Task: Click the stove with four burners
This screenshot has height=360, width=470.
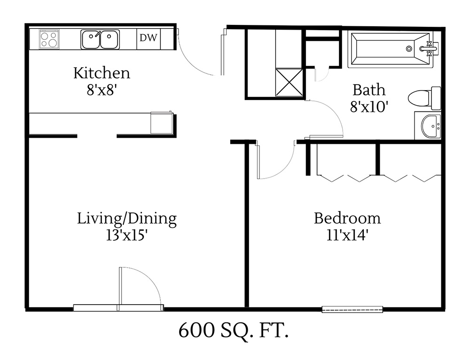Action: point(49,39)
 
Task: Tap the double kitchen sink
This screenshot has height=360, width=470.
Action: point(100,39)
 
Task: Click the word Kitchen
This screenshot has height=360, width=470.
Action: point(102,73)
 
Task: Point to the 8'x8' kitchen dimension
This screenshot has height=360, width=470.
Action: point(101,89)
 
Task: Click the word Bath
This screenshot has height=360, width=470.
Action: point(369,90)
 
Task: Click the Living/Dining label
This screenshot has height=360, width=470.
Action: point(127,219)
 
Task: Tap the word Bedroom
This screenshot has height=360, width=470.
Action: point(347,219)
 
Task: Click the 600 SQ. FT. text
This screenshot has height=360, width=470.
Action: point(233,331)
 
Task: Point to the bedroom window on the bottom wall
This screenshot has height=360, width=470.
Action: point(352,309)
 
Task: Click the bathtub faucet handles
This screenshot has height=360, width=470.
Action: point(429,48)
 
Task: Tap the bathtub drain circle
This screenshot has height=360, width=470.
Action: point(409,48)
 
